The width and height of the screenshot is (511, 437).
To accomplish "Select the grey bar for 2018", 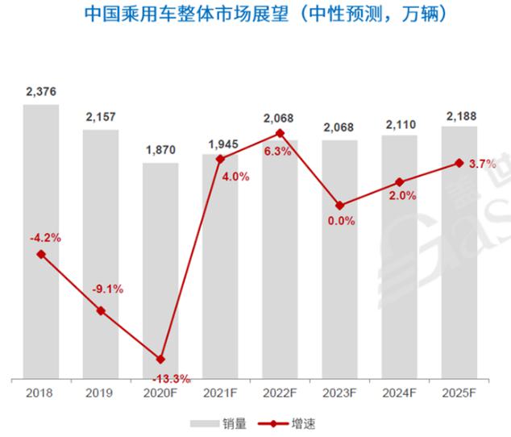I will [x=41, y=242].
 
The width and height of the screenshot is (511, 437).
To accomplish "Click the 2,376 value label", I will [x=41, y=92].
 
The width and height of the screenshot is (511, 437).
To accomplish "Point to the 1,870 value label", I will [x=160, y=150].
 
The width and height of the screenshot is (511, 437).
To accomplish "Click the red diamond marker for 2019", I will [x=101, y=310].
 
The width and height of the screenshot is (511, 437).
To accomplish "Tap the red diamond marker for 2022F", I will [x=280, y=133].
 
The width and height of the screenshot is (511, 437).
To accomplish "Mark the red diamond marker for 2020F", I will [x=160, y=359].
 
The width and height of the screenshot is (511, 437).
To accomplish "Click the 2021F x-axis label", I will [x=220, y=393].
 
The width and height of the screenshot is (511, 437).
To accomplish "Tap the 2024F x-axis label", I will [x=399, y=393].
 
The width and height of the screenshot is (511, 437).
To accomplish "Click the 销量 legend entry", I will [x=217, y=422].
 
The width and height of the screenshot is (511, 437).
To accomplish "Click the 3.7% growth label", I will [x=481, y=164].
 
